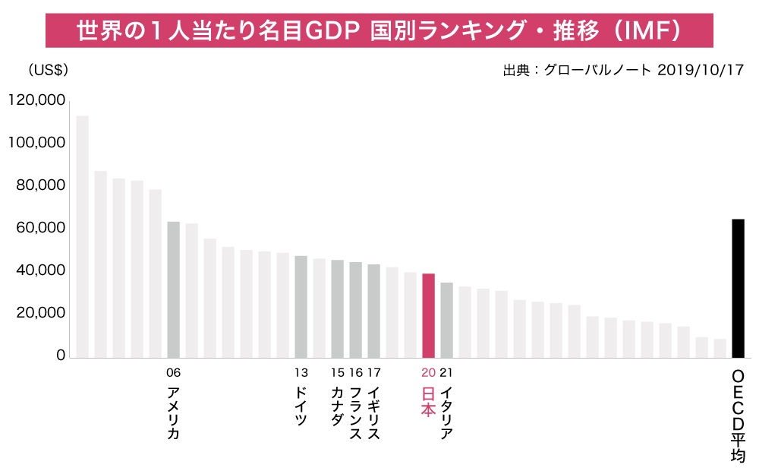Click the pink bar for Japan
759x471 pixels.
(428, 315)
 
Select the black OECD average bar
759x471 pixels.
(738, 288)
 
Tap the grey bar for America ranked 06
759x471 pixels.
(173, 289)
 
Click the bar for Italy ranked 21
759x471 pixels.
(446, 320)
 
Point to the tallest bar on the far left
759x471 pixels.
(82, 236)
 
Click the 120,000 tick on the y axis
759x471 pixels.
(36, 100)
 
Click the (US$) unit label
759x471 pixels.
(48, 71)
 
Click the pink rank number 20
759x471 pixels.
(428, 372)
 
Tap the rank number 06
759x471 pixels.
(173, 372)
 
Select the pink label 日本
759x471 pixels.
(428, 402)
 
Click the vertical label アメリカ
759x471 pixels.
(173, 414)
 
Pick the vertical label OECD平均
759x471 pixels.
(738, 417)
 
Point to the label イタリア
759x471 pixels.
(446, 414)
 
